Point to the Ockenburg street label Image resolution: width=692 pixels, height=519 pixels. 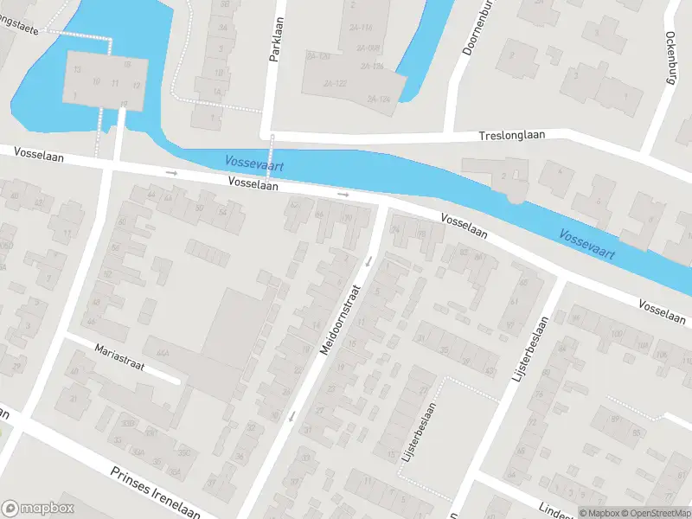670,57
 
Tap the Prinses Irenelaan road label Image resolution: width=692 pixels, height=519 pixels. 155,491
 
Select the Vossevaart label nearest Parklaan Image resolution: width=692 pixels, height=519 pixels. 254,162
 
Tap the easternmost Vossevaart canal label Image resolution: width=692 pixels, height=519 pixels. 586,244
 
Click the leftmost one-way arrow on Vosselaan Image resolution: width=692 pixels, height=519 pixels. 171,173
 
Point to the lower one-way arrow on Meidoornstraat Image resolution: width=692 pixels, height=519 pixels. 292,416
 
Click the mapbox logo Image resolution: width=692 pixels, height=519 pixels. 38,508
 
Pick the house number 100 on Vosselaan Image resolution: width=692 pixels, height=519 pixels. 617,334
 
